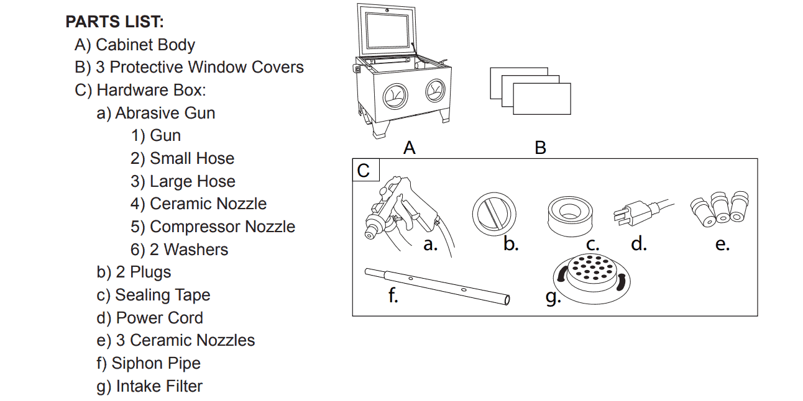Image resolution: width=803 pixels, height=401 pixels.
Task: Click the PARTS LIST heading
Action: (115, 22)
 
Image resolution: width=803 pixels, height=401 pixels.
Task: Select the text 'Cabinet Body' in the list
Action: (145, 45)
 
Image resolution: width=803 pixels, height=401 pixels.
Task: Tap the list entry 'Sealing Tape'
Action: (162, 295)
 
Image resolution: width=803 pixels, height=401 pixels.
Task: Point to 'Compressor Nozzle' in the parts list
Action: (223, 227)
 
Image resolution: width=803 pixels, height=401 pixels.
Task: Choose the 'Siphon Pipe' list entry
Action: (156, 363)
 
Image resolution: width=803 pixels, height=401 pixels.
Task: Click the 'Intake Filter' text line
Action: (159, 386)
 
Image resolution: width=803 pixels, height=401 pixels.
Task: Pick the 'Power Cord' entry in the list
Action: (160, 318)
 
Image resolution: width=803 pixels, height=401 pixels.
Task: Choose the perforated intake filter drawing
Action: (592, 279)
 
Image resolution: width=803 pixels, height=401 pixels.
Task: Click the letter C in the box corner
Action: (363, 171)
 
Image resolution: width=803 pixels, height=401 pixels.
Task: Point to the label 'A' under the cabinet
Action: (410, 148)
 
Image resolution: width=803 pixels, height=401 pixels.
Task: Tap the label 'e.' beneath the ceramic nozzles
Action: (722, 244)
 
